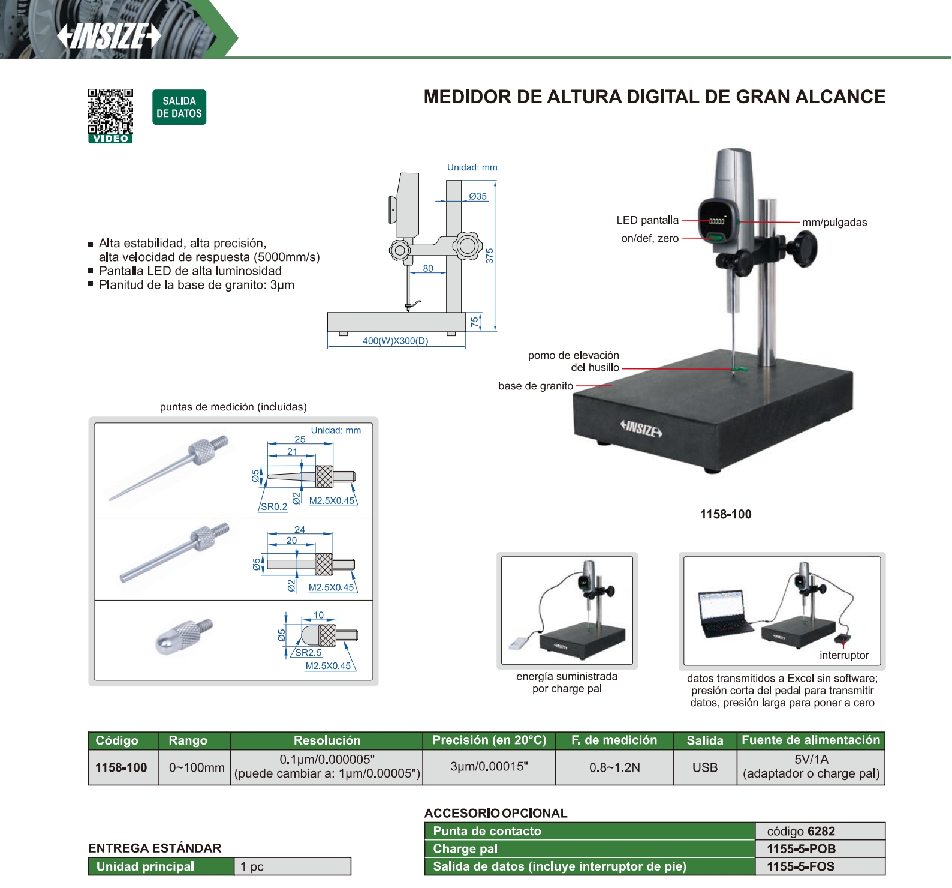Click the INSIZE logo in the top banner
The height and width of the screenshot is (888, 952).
pyautogui.click(x=109, y=36)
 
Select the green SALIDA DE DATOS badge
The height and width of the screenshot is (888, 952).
pyautogui.click(x=179, y=107)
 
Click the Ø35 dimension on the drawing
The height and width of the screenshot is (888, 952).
pyautogui.click(x=478, y=196)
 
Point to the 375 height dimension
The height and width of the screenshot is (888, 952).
pyautogui.click(x=490, y=256)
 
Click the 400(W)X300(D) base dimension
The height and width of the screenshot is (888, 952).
pyautogui.click(x=396, y=341)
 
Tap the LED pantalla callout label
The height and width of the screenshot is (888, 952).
pyautogui.click(x=647, y=220)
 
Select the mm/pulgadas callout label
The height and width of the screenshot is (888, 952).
pyautogui.click(x=834, y=223)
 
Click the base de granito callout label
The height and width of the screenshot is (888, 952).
pyautogui.click(x=535, y=386)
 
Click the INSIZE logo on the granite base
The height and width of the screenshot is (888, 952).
pyautogui.click(x=641, y=428)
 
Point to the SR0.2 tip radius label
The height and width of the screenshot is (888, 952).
pyautogui.click(x=274, y=506)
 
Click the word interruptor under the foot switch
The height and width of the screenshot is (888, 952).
pyautogui.click(x=844, y=655)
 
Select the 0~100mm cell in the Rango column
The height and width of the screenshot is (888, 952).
pyautogui.click(x=197, y=767)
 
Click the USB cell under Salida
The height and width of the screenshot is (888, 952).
pyautogui.click(x=705, y=767)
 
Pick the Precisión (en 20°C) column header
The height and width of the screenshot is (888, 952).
pyautogui.click(x=489, y=740)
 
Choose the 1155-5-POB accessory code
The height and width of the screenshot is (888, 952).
pyautogui.click(x=801, y=849)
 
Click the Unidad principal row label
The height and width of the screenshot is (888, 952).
pyautogui.click(x=145, y=866)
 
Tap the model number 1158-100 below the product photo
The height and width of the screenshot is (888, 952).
pyautogui.click(x=725, y=514)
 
